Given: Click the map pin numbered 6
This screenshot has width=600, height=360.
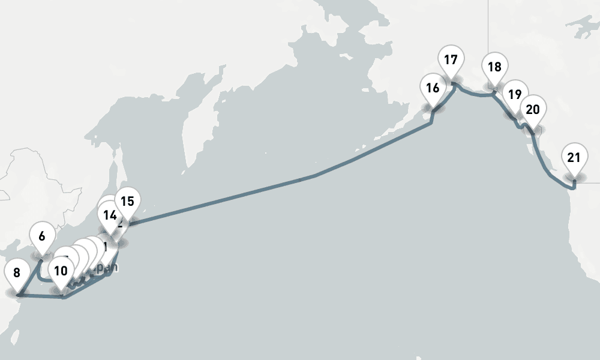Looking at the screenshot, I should [41, 236].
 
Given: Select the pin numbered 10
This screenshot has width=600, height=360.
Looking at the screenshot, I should [60, 271].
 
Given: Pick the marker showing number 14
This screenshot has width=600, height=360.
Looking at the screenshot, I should [109, 215].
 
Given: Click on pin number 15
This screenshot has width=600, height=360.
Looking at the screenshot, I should [127, 201].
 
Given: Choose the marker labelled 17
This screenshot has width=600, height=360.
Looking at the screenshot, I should [451, 60].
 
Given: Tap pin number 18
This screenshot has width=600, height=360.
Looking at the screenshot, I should [494, 67].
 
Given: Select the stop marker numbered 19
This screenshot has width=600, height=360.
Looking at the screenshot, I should [514, 94].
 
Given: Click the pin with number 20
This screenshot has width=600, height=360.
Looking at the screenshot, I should [532, 109].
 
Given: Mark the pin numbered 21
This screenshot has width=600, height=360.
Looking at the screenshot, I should [574, 158].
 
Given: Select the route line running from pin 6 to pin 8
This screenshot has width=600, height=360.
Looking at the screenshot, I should [30, 276].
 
